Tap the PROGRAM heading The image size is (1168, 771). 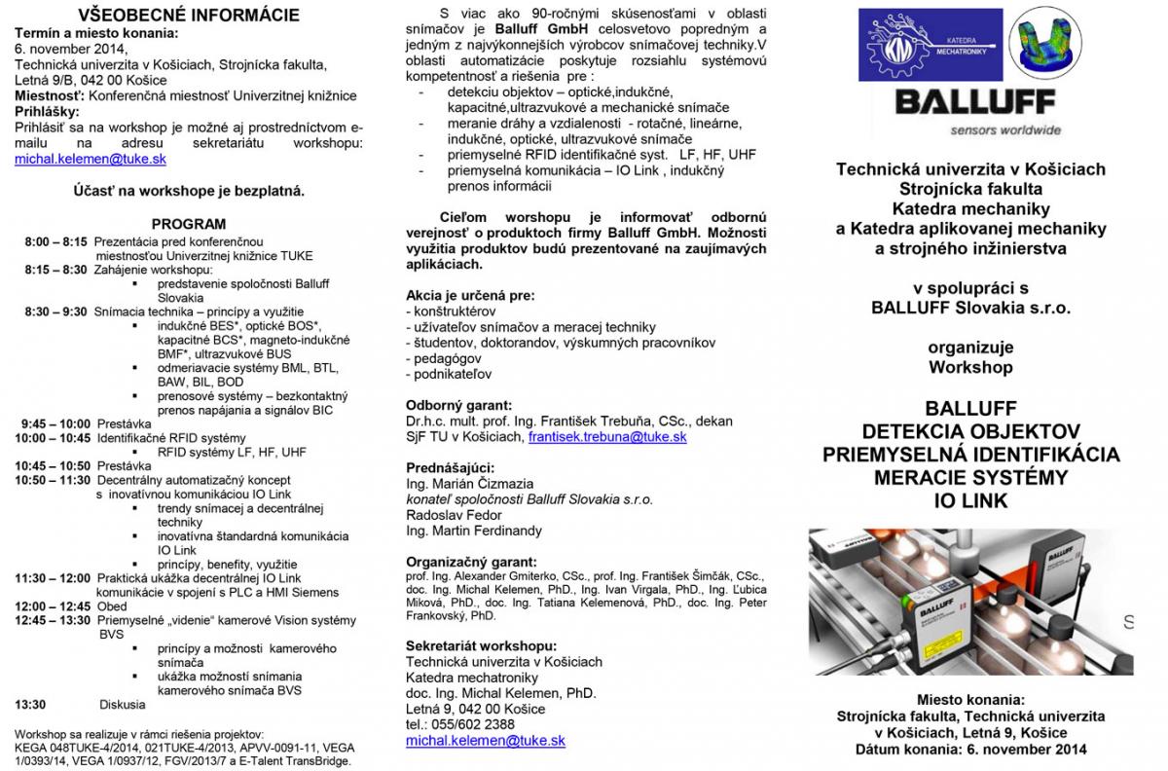pos(189,224)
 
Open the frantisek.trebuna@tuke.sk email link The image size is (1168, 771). pos(607,437)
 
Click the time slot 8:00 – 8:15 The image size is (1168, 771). pos(55,240)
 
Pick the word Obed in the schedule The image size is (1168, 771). pos(112,606)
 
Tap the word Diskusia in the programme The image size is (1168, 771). pos(123,704)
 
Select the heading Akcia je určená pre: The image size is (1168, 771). pos(470,295)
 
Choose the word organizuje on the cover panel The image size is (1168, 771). pos(970,348)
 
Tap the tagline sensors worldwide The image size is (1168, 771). pos(1004,129)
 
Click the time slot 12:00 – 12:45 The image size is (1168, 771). pos(53,606)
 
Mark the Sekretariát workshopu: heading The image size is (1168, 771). pos(481,645)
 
